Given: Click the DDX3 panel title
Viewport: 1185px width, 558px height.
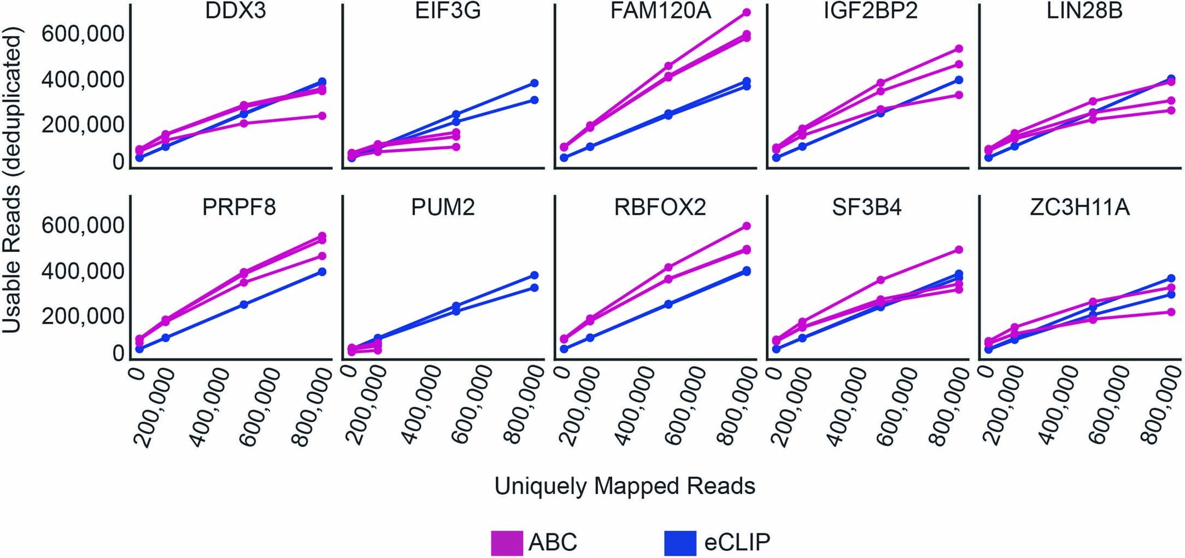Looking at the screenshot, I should (236, 11).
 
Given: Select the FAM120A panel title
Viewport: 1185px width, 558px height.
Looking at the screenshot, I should (660, 11).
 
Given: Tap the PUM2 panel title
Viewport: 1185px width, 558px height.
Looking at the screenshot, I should (443, 208).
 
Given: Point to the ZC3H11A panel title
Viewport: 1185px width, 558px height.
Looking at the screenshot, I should (1080, 208).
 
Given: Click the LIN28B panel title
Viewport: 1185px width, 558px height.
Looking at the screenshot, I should (1084, 11).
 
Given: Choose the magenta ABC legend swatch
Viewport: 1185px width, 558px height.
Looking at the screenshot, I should (507, 542).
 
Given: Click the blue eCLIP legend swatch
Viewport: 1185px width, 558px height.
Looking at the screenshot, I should (681, 542).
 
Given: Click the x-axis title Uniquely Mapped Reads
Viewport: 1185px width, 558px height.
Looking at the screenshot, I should (625, 486).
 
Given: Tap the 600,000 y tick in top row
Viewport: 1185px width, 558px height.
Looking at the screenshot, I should (83, 34).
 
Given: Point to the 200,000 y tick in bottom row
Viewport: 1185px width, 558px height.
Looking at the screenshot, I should (83, 316).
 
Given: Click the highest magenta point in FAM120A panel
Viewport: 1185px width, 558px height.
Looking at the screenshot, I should (747, 12).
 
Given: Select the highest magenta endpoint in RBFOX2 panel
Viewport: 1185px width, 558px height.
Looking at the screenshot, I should (747, 226).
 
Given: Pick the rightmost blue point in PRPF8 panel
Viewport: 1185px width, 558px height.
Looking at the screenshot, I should (322, 272).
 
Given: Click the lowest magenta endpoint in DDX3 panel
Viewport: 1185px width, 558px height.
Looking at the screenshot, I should (322, 116).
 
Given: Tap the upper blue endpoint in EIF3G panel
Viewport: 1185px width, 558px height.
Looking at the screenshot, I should (535, 83).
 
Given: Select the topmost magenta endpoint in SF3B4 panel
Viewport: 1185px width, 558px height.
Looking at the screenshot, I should (958, 250).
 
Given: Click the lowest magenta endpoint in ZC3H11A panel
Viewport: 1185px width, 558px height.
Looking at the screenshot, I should (1171, 312).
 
